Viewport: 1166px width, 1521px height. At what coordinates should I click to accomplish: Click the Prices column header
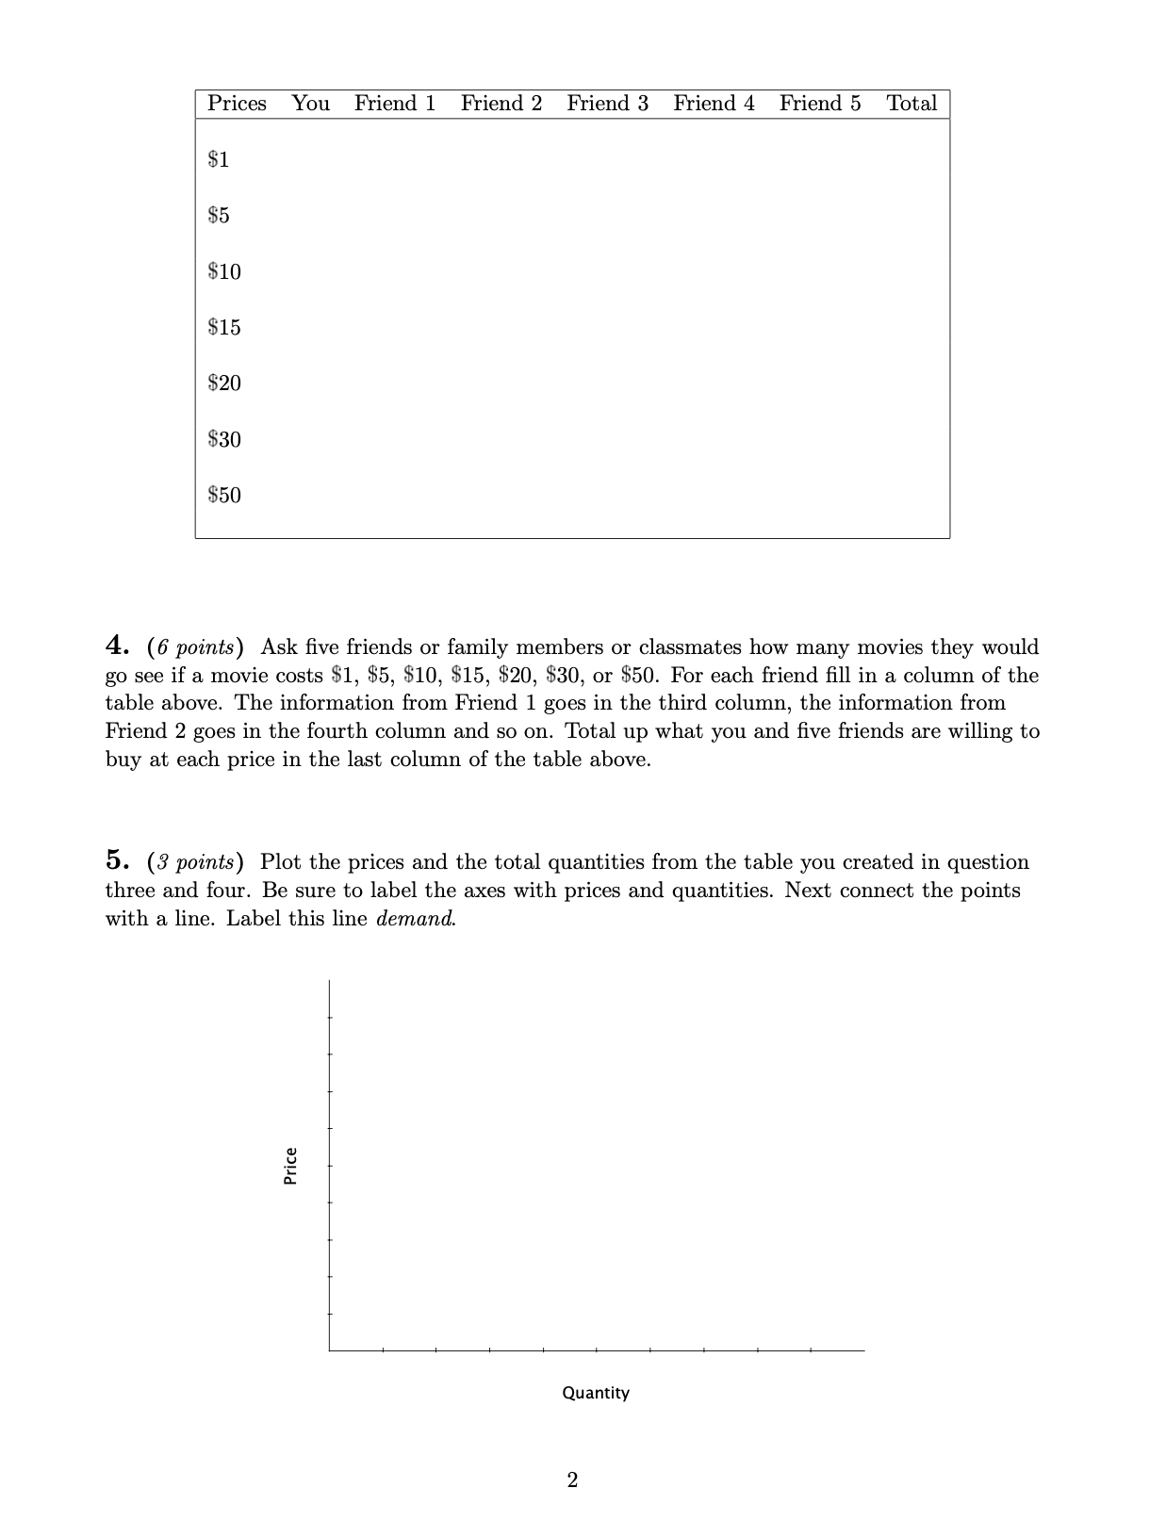pos(237,104)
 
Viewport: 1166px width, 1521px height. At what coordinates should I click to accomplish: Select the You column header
pos(310,104)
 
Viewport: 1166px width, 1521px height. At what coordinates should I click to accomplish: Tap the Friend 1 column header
pos(395,104)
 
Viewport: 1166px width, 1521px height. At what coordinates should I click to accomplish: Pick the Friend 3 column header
pos(607,104)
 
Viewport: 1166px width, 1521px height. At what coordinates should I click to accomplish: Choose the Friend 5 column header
pos(820,104)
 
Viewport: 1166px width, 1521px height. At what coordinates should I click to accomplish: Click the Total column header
pos(911,104)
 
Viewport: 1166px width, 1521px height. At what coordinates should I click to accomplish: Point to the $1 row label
pos(219,159)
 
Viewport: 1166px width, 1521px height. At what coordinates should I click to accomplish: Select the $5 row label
pos(219,216)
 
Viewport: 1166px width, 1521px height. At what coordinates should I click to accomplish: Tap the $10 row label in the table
pos(224,271)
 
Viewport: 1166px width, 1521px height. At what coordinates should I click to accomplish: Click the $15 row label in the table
pos(224,327)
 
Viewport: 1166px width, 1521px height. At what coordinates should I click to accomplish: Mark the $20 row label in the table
pos(224,383)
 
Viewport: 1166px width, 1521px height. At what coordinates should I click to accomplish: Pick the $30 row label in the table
pos(224,439)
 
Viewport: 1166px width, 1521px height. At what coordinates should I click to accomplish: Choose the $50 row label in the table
pos(224,495)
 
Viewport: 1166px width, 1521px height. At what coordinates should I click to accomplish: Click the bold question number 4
pos(117,646)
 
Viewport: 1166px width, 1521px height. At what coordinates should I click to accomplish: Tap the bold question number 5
pos(117,861)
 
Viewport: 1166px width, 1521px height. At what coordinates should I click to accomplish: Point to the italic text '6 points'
pos(195,647)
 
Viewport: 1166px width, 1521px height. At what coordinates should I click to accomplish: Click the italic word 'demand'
pos(415,919)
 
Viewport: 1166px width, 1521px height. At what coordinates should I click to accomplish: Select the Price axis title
pos(291,1165)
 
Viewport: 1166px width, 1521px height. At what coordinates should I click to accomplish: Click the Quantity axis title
pos(596,1393)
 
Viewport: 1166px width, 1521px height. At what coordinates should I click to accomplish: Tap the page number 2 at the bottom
pos(572,1480)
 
